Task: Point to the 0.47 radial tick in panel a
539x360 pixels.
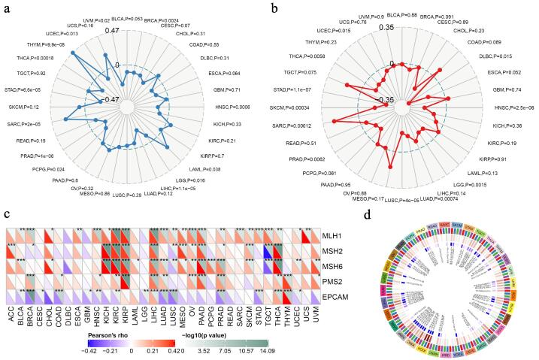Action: click(x=112, y=30)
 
